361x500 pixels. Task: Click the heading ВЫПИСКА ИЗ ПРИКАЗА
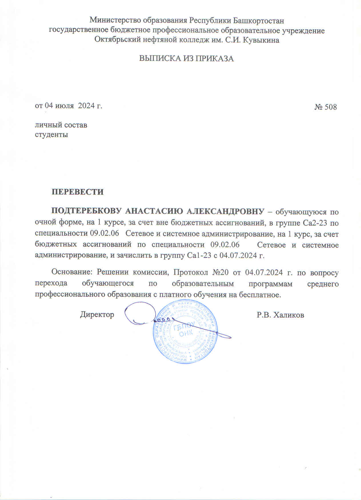tap(186, 59)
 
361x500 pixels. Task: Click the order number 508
tap(330, 107)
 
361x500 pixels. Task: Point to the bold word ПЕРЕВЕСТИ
tap(77, 192)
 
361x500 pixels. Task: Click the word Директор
tap(97, 314)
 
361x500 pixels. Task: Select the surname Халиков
tap(288, 315)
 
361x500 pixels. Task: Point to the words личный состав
tap(61, 125)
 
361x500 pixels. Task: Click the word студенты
tap(51, 134)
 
